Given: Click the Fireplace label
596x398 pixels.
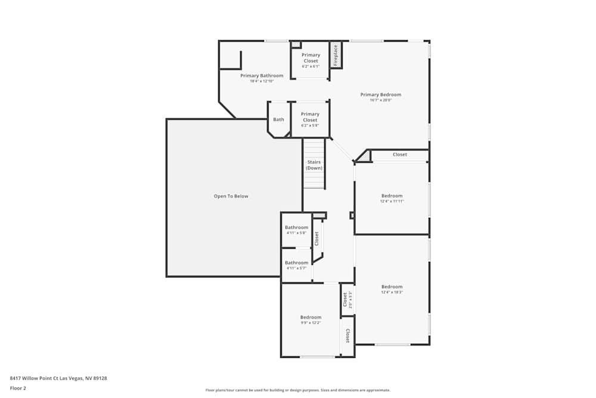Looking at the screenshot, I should [336, 55].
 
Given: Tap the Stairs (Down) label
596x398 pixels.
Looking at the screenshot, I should [314, 165].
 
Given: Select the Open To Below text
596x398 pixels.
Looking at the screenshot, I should [231, 196].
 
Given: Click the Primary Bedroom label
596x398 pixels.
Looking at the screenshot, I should [381, 94].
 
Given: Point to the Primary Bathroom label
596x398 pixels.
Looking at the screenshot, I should [262, 76].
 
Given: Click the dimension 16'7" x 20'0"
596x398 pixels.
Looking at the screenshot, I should [381, 100].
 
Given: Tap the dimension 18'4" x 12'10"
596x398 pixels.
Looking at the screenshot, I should [262, 81].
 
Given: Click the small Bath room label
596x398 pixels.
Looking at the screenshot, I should [278, 119].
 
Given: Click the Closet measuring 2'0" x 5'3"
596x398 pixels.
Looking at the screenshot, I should [345, 299].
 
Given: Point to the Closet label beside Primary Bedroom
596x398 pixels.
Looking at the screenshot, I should [400, 155].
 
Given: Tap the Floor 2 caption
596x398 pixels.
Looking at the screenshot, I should [18, 388].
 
